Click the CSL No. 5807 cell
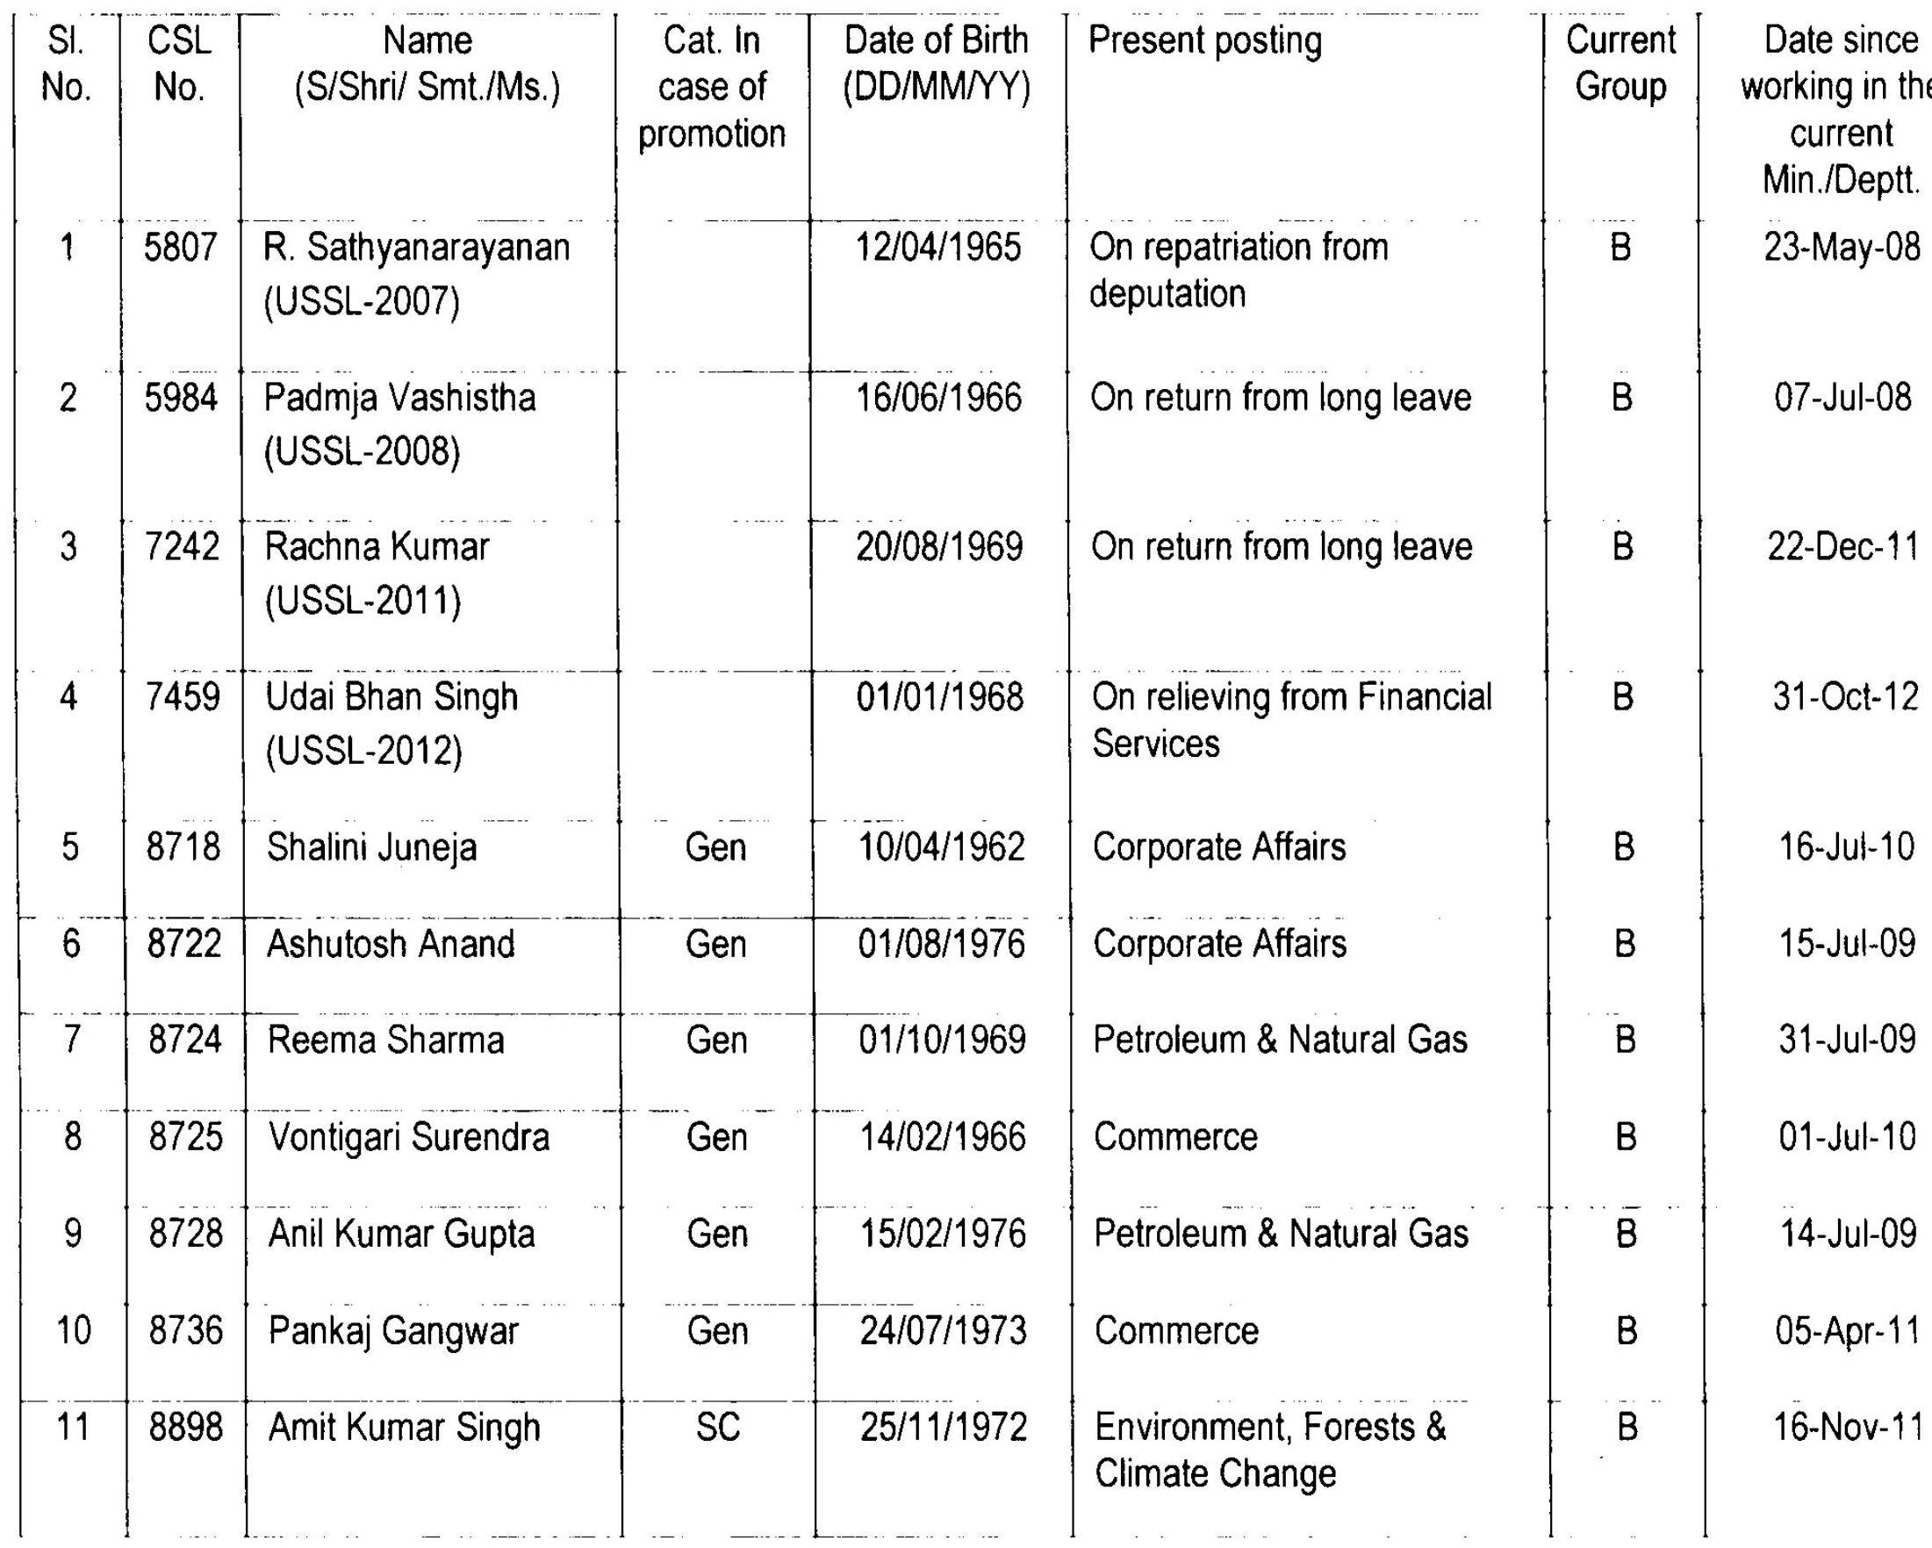pos(180,248)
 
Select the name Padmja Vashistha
pos(399,398)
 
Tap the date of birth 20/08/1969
pos(939,547)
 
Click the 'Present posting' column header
pos(1204,41)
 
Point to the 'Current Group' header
pos(1620,63)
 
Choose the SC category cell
pos(718,1427)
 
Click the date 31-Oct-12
pos(1845,697)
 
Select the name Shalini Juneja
pos(372,848)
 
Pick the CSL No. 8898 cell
pos(185,1427)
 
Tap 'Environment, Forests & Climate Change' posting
pos(1270,1450)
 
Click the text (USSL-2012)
pos(363,750)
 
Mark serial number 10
pos(74,1330)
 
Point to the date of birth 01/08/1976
pos(941,945)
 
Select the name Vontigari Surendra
pos(409,1137)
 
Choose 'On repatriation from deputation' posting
pos(1239,270)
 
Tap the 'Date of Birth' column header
pos(937,63)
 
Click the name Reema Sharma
pos(385,1040)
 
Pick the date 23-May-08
pos(1842,248)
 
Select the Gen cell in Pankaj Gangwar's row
pos(718,1331)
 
